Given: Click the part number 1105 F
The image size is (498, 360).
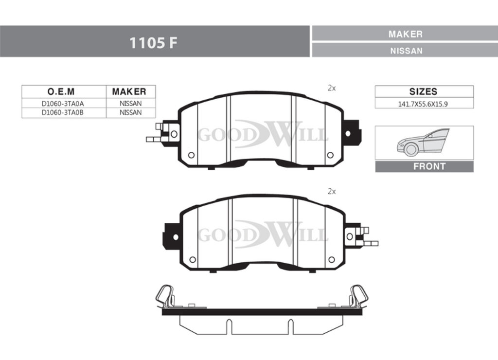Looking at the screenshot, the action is (153, 43).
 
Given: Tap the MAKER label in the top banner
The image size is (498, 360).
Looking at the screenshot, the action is (405, 34).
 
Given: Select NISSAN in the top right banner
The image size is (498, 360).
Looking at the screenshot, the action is (406, 51).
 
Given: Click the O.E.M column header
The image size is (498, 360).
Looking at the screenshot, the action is (61, 91).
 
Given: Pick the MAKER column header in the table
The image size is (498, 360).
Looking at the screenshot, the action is (129, 91).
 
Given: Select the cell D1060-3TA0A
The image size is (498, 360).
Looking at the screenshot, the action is (63, 104).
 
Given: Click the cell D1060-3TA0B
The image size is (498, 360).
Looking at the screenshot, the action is (63, 112).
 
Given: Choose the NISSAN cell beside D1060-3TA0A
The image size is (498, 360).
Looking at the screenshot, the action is (130, 104).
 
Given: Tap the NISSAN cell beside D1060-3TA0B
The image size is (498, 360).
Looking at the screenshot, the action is (130, 112).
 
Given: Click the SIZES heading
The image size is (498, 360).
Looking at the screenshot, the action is (423, 91).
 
